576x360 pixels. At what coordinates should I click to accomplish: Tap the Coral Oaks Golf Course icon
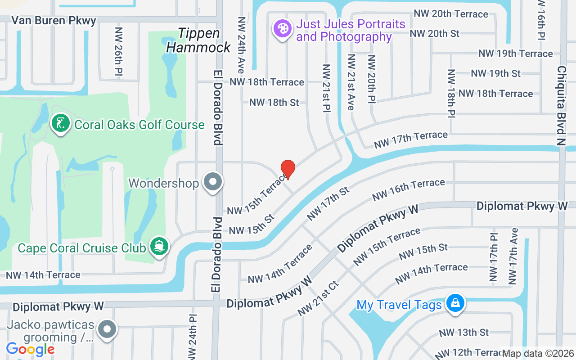61,124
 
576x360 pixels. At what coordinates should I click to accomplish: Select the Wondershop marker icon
213,183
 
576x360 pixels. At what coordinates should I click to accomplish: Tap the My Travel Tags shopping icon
455,303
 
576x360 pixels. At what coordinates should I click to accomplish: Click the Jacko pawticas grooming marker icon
107,329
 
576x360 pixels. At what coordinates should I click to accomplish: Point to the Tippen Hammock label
199,40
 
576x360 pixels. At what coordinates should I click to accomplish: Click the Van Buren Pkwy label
54,20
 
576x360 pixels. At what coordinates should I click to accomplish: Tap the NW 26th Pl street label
119,51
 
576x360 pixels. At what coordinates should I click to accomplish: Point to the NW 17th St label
328,204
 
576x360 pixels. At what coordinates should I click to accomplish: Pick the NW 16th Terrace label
408,190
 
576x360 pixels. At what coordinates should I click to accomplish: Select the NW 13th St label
463,333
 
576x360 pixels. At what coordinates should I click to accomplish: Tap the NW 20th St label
434,33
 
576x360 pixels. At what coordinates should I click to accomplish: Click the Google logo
30,349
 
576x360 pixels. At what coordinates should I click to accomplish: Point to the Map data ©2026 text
538,353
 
